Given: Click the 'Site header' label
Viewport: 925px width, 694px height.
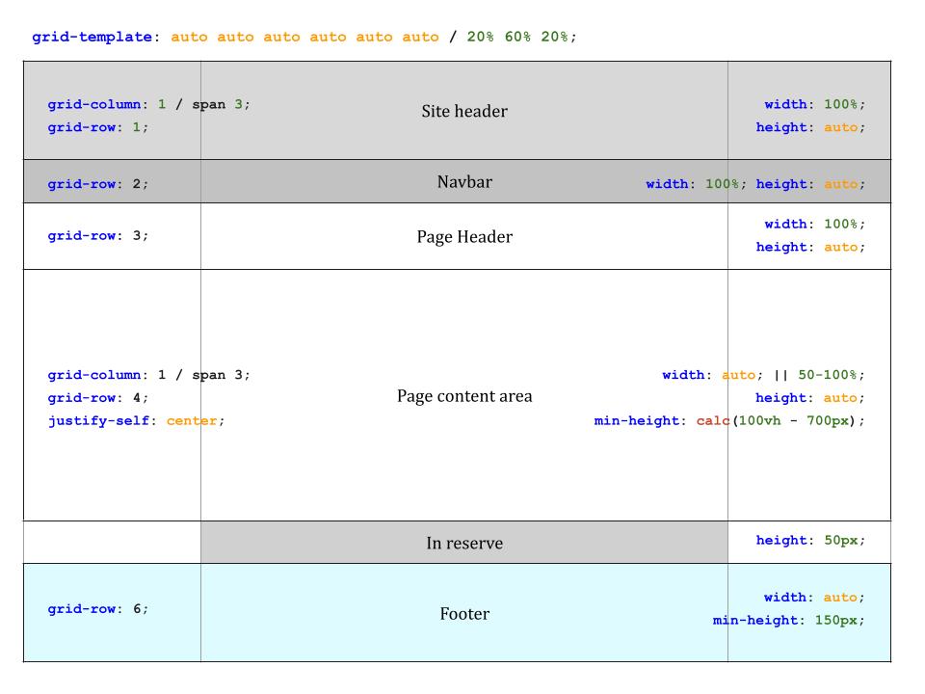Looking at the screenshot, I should pyautogui.click(x=464, y=111).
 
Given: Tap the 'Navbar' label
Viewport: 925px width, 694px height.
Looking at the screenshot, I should pyautogui.click(x=464, y=181).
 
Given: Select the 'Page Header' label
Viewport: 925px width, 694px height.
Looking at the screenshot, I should pyautogui.click(x=464, y=237).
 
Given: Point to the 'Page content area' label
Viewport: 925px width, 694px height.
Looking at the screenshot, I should pyautogui.click(x=464, y=396).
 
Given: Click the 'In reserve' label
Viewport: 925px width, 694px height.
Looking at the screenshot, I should pyautogui.click(x=464, y=544).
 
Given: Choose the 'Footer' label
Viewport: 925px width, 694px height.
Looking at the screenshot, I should pyautogui.click(x=464, y=614).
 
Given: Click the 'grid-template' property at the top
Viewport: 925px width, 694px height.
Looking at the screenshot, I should pyautogui.click(x=92, y=38).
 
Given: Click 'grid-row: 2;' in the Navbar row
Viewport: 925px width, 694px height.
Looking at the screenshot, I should pyautogui.click(x=98, y=184).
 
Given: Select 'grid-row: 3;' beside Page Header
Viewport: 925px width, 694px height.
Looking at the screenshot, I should pyautogui.click(x=98, y=235).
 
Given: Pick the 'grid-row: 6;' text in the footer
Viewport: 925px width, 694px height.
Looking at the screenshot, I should pyautogui.click(x=98, y=609).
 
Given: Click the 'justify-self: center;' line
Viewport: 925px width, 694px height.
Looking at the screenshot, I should pyautogui.click(x=136, y=421).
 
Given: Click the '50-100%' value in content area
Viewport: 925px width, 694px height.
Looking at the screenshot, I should pyautogui.click(x=832, y=375).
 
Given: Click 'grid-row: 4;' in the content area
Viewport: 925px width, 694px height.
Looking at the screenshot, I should pyautogui.click(x=98, y=398).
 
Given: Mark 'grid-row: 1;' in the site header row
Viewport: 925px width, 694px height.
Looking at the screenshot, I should pyautogui.click(x=98, y=127).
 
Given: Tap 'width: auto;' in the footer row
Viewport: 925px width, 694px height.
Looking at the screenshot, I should pyautogui.click(x=814, y=598).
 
